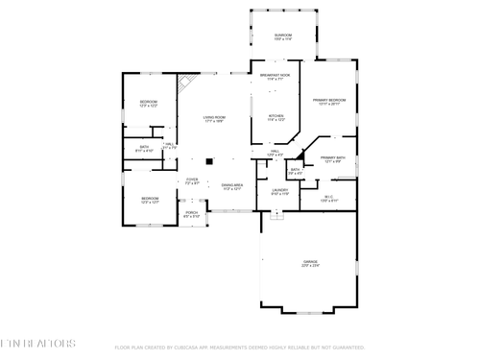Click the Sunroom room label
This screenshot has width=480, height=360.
click(x=283, y=37)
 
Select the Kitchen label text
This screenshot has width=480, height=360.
click(x=275, y=119)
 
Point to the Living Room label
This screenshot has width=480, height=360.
click(x=213, y=119)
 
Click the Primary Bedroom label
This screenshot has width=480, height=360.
click(x=329, y=102)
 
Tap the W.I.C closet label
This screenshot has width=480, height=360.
click(x=328, y=199)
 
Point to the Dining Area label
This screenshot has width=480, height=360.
click(x=232, y=186)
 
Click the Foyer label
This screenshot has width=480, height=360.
click(x=192, y=180)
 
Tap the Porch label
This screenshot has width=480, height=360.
click(x=192, y=214)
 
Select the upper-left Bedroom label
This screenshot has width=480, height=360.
click(x=148, y=103)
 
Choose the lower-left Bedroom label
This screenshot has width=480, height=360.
click(x=150, y=200)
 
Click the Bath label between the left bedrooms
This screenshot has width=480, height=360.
click(x=144, y=149)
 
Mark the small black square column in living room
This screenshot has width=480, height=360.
click(x=206, y=160)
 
